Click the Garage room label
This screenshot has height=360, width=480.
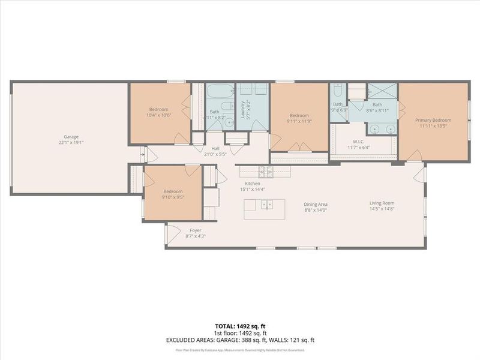(x=71, y=137)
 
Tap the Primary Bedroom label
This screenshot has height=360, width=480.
(x=433, y=120)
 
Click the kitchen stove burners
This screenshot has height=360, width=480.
(x=266, y=172)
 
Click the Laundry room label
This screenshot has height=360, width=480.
(x=243, y=109)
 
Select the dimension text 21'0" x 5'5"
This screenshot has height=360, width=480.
(x=215, y=155)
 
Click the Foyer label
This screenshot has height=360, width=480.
(x=195, y=230)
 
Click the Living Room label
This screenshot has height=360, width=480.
(x=381, y=203)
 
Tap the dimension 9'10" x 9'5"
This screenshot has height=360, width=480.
(x=172, y=196)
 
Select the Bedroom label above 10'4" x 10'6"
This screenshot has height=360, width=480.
(x=158, y=109)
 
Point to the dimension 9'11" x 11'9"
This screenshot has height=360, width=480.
(x=299, y=122)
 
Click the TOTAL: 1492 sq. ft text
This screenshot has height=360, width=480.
(x=240, y=326)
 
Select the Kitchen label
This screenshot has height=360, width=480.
(x=252, y=183)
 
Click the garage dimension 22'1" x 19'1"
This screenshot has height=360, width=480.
(x=71, y=143)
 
